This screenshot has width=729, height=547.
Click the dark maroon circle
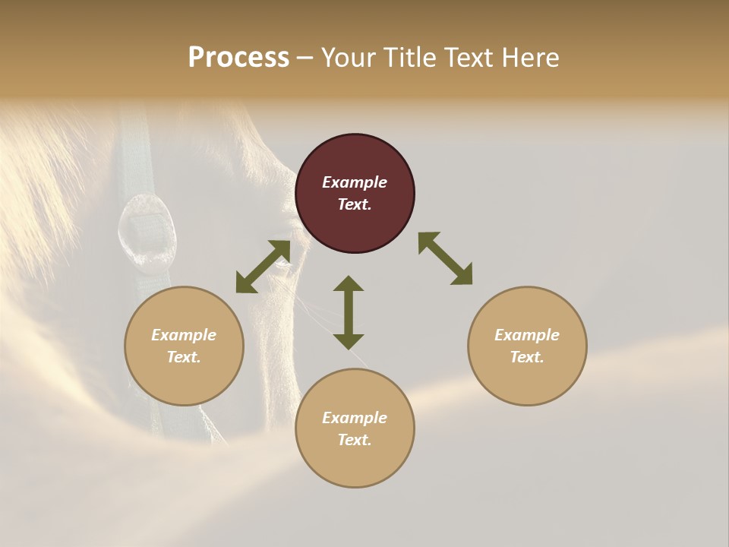pos(355,194)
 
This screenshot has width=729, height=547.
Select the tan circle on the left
pos(184,346)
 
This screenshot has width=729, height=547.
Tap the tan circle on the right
pos(527,346)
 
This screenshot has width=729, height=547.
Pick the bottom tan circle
pos(355,428)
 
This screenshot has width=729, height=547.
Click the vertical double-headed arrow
pos(349,312)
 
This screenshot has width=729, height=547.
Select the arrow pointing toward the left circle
pos(263,267)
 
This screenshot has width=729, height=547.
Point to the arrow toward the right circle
pos(446,258)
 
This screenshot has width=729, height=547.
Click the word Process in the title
pos(238,57)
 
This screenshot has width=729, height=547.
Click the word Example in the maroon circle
pos(355,182)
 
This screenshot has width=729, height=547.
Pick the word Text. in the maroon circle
pos(355,204)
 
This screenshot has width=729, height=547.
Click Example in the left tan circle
pos(184,335)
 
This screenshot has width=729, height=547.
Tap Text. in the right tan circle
pos(527,357)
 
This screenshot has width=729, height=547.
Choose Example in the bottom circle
pos(355,418)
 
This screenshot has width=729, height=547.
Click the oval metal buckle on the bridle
pos(147,232)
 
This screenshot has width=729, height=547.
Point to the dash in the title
pos(305,58)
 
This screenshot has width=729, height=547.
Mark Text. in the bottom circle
pos(355,440)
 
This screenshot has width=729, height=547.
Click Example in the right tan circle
pos(527,335)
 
